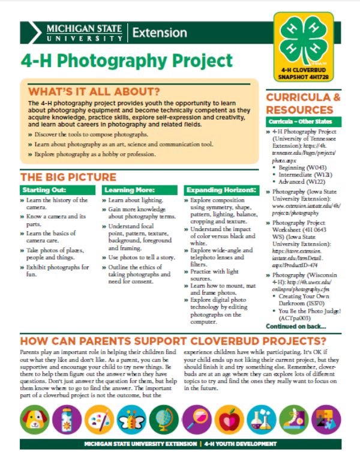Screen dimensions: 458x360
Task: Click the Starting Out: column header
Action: pyautogui.click(x=41, y=190)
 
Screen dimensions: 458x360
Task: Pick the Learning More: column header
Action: pyautogui.click(x=121, y=190)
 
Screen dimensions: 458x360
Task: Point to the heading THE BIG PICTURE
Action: pyautogui.click(x=68, y=177)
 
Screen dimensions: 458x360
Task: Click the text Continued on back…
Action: pyautogui.click(x=295, y=327)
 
